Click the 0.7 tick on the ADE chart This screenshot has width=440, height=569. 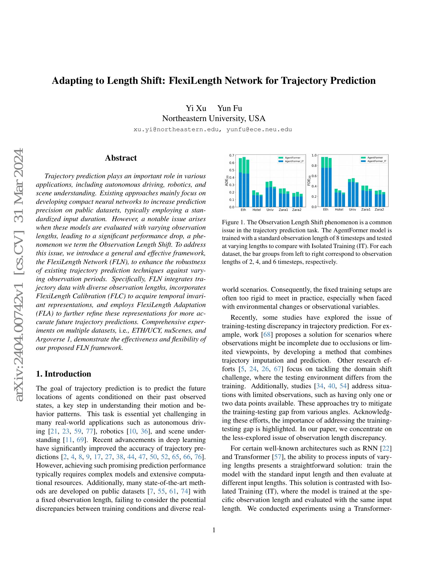point(232,155)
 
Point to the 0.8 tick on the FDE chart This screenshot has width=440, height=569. point(314,166)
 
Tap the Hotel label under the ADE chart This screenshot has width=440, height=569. point(256,210)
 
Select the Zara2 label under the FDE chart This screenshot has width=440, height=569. point(379,209)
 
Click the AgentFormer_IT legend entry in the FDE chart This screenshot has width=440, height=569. point(377,161)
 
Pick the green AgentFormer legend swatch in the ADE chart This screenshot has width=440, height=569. point(281,158)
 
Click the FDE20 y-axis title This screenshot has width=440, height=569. point(309,181)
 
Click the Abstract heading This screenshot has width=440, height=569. point(121,158)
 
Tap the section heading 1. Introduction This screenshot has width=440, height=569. point(64,374)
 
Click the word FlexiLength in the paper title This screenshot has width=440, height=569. point(195,81)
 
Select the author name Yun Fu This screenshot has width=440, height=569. point(229,108)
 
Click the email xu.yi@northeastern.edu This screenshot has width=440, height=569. point(176,130)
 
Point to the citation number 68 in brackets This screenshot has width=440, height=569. point(267,335)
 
